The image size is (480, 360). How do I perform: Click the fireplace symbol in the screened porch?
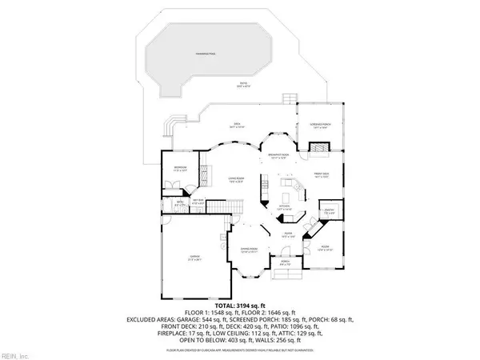(x=318, y=148)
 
